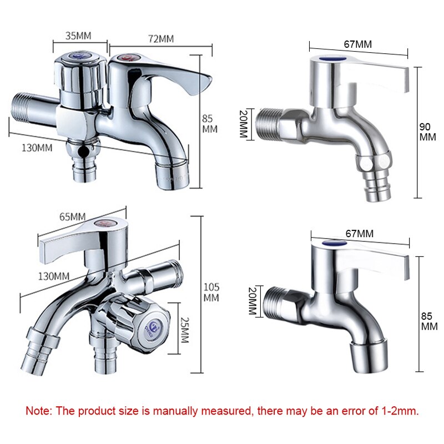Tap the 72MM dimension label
pyautogui.click(x=160, y=39)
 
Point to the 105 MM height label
pyautogui.click(x=211, y=292)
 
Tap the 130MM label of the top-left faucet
pyautogui.click(x=38, y=148)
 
